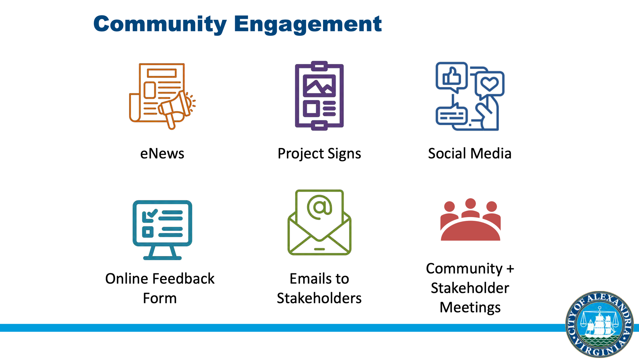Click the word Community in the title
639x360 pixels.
[160, 24]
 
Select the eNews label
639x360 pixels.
[162, 153]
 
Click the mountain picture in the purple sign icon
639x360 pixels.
[319, 86]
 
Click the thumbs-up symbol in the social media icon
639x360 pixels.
[451, 76]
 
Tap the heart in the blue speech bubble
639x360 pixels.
[489, 84]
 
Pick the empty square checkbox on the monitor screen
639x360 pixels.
[148, 232]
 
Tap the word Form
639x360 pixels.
[160, 298]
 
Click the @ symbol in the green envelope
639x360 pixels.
[319, 207]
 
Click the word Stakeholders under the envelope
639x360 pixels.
[319, 298]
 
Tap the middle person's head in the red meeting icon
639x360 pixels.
[470, 204]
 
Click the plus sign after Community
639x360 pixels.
[510, 269]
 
